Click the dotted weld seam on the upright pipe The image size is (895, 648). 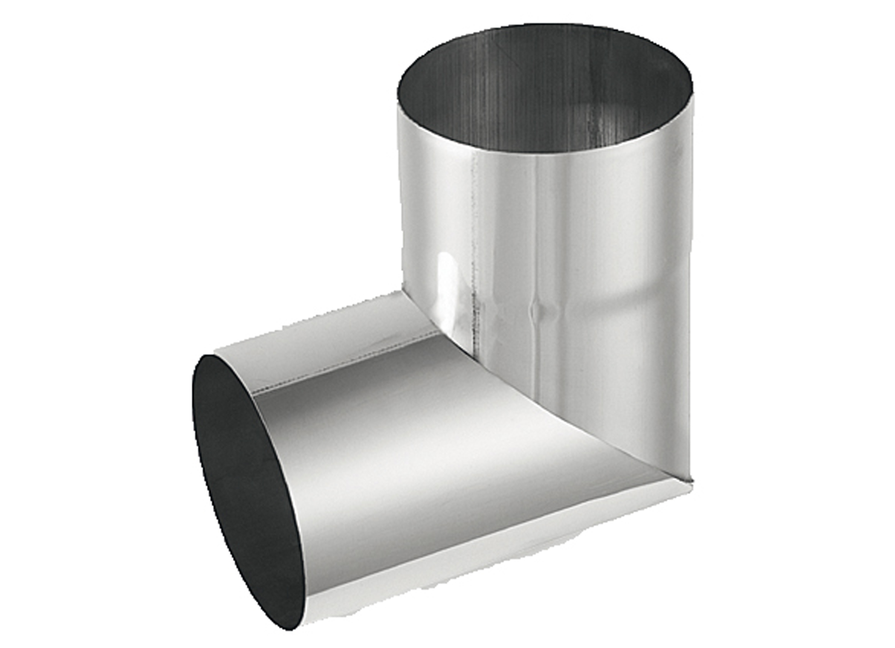pyautogui.click(x=474, y=279)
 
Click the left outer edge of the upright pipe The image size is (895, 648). pyautogui.click(x=402, y=199)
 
